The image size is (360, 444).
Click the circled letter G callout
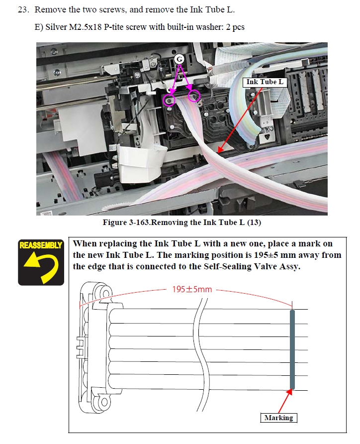tap(180, 59)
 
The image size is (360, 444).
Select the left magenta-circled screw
tap(169, 100)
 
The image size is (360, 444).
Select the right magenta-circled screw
tap(194, 96)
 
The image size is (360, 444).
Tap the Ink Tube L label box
tap(265, 82)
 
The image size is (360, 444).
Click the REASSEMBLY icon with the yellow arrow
tap(41, 262)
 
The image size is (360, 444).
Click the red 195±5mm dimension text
tap(192, 289)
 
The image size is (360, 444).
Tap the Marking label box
tap(278, 418)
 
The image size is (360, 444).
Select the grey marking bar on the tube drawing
tap(292, 349)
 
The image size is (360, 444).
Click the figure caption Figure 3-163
tap(126, 222)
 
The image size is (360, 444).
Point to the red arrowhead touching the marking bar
tap(289, 392)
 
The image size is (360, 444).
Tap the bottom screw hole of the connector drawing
tap(104, 402)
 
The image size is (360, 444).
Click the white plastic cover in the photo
tap(139, 165)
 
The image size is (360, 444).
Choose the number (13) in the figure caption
tap(254, 222)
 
